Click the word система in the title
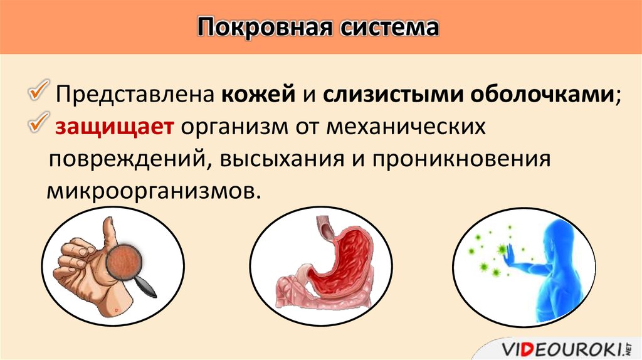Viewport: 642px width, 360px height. click(390, 28)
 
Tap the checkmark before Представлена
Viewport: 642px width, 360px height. click(39, 90)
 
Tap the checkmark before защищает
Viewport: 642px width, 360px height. click(39, 122)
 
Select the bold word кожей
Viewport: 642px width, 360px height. click(258, 95)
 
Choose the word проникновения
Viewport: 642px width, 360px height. click(461, 159)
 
